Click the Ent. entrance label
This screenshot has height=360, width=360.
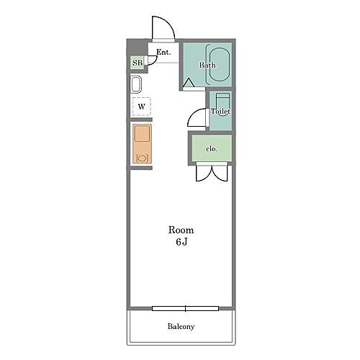(163, 52)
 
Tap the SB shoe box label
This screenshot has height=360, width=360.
(138, 63)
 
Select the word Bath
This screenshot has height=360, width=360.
(207, 65)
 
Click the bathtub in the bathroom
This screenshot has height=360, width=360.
(220, 65)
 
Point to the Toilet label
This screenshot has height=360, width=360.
(220, 111)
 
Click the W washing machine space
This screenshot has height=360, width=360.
(142, 107)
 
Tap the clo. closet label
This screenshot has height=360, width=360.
(212, 149)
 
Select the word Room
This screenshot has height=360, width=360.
(181, 230)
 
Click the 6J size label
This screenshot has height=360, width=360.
(181, 242)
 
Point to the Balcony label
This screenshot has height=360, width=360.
(181, 326)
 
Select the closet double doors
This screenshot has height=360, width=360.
(212, 172)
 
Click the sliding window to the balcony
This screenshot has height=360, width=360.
(185, 308)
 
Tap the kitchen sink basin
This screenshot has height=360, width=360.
(143, 134)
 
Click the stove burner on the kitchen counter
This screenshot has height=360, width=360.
(142, 158)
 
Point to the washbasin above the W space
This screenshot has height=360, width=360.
(136, 84)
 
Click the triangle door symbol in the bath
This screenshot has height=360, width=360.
(189, 83)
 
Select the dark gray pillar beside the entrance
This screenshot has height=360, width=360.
(137, 48)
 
